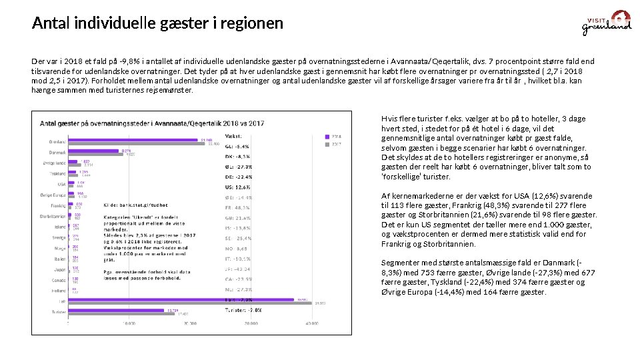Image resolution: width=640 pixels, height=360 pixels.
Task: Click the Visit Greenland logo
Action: pos(607,23)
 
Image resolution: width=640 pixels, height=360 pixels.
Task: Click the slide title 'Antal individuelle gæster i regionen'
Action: pos(157,23)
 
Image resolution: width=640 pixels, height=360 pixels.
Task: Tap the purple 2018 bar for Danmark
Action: pos(93,151)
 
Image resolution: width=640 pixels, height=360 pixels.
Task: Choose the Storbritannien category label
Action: pos(53,216)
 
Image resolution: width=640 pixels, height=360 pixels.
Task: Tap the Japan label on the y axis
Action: pos(59,269)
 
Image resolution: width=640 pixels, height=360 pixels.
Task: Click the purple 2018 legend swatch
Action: pos(327,136)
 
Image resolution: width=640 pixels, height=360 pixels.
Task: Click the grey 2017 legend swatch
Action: pos(327,143)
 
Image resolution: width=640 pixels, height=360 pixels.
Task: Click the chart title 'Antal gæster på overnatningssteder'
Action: pos(152,123)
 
